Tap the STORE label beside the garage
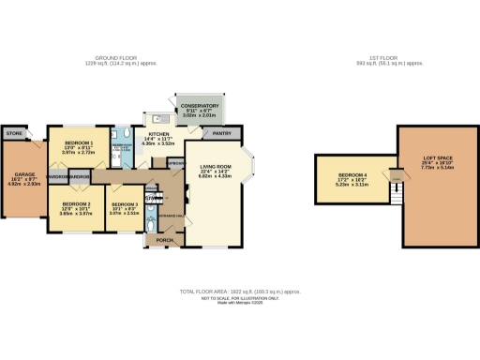point(13,134)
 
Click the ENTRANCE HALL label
point(172,216)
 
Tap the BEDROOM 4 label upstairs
point(352,175)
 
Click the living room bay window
point(250,166)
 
